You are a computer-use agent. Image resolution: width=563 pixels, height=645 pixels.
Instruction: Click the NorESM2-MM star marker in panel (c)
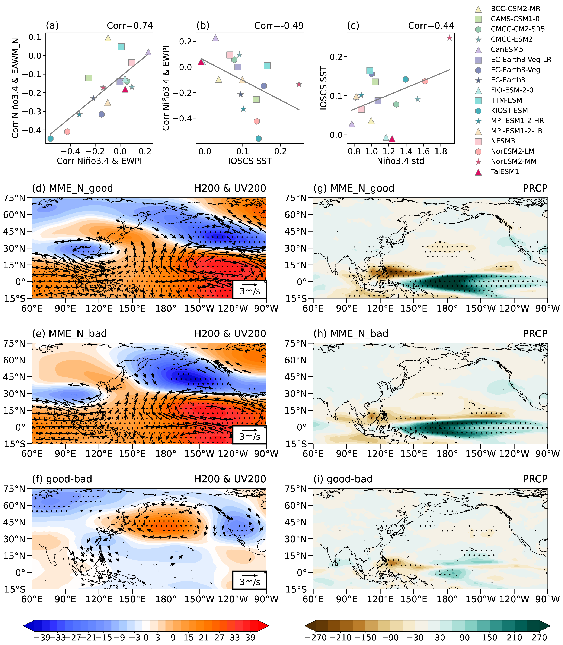pyautogui.click(x=450, y=38)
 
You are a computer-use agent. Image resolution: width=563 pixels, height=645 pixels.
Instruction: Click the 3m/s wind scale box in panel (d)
pyautogui.click(x=249, y=289)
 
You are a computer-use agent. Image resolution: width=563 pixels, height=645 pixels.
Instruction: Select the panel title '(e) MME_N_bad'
pyautogui.click(x=69, y=334)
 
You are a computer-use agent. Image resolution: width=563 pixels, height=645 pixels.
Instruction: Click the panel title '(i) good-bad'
pyautogui.click(x=343, y=479)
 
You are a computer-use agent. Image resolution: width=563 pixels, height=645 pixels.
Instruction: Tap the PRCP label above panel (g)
pyautogui.click(x=535, y=188)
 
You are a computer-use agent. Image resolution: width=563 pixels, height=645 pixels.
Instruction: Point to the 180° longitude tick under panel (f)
pyautogui.click(x=166, y=599)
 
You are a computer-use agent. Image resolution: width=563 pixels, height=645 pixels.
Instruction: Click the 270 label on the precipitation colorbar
pyautogui.click(x=540, y=638)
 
